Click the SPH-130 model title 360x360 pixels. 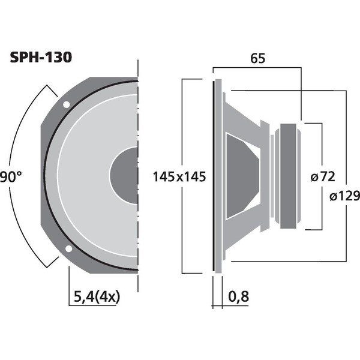click(x=41, y=58)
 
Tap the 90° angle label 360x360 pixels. click(x=10, y=177)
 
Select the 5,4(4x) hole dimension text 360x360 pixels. click(x=97, y=296)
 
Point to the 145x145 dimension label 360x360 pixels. click(x=179, y=177)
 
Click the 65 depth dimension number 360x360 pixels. click(x=257, y=58)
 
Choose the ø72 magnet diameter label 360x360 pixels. click(x=323, y=177)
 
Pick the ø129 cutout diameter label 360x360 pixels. click(x=344, y=196)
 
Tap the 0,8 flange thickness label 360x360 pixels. click(x=239, y=296)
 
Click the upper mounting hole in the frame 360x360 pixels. click(x=67, y=104)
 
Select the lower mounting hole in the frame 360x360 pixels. click(x=68, y=248)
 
